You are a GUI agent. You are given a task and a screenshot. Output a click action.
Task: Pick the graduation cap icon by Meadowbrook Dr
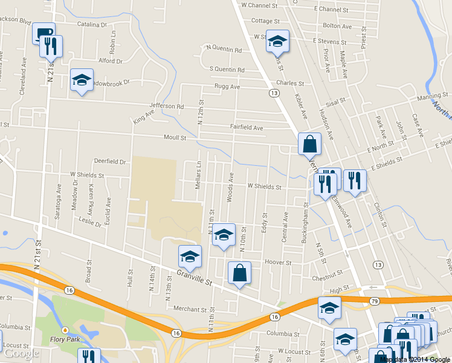tap(82, 80)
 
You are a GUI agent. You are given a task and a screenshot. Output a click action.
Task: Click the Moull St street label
tap(175, 138)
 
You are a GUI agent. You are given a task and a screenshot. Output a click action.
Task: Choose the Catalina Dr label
tap(91, 25)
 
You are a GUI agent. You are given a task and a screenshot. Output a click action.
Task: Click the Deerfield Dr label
tap(109, 162)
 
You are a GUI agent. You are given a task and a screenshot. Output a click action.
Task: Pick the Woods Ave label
tap(230, 187)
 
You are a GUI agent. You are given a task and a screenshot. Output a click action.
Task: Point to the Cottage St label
tap(263, 21)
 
